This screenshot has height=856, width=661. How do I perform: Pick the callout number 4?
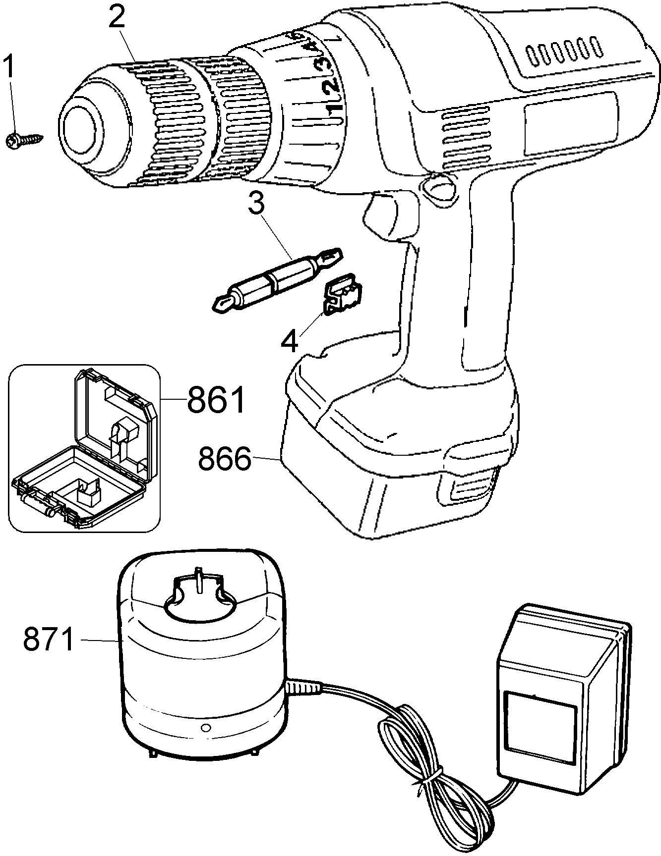[x=290, y=341]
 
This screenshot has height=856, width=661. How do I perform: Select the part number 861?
[x=216, y=400]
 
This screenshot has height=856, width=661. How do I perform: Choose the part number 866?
[x=225, y=460]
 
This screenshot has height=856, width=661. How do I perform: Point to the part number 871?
[x=49, y=640]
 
